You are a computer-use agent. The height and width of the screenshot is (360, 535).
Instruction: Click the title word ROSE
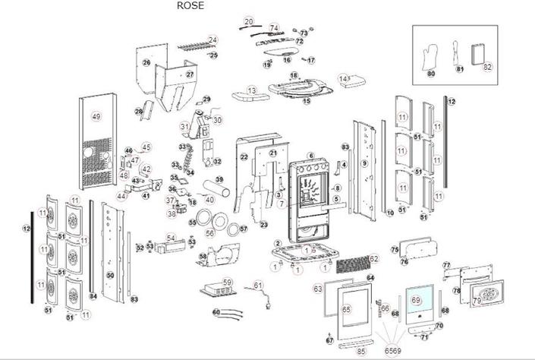pos(190,5)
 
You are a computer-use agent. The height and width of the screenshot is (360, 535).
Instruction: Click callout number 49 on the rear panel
pos(96,116)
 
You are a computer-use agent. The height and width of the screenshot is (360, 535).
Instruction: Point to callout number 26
pos(146,62)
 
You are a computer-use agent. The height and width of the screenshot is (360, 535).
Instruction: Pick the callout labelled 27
pos(190,74)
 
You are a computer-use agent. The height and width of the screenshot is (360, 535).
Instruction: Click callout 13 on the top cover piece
pos(253,90)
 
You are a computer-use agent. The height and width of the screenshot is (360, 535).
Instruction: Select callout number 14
pos(344,78)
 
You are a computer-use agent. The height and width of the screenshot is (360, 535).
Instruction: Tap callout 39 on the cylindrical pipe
pos(219,180)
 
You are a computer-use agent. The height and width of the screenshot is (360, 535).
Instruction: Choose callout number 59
pos(226,282)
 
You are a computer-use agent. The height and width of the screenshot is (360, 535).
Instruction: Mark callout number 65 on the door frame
pos(346,309)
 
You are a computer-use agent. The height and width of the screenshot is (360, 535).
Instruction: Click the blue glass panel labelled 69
pos(418,302)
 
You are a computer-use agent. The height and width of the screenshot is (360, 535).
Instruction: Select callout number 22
pos(244,156)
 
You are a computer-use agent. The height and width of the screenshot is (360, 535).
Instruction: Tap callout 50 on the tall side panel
pos(110,275)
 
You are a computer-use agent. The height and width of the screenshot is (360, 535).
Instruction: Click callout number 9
pos(364,163)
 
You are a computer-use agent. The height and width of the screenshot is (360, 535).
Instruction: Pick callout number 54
pos(171,238)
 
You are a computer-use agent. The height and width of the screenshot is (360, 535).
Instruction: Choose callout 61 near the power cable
pos(258,285)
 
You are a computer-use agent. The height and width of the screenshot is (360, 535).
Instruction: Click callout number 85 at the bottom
pos(361,352)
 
